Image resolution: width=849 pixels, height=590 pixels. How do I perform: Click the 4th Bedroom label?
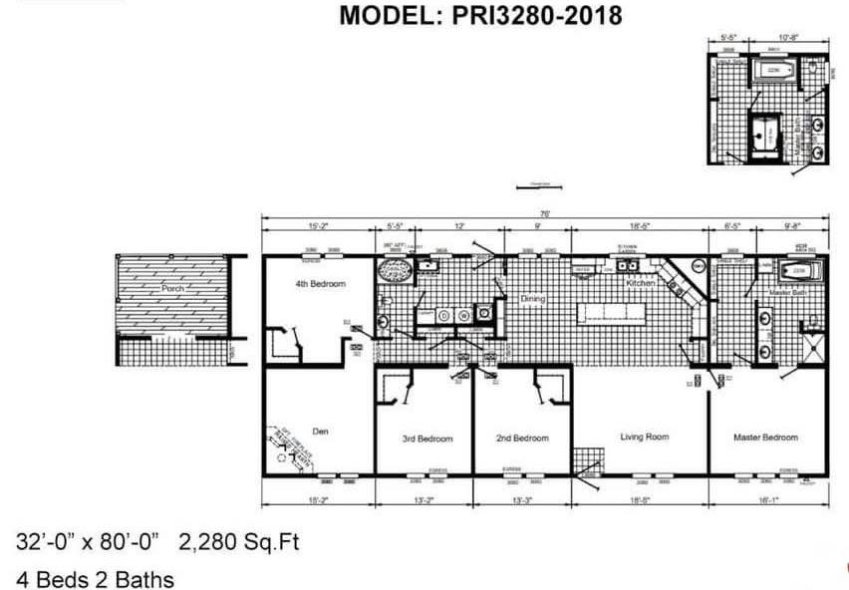click(320, 284)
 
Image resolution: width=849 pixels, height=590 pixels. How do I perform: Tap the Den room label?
click(320, 432)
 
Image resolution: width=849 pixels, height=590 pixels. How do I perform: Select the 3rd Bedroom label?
click(426, 439)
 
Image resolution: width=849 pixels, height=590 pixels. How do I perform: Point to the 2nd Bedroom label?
click(522, 439)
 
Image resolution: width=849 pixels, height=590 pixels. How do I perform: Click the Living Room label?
click(645, 437)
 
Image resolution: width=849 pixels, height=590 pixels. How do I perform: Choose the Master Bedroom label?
click(765, 438)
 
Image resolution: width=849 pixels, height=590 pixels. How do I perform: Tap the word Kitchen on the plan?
click(640, 283)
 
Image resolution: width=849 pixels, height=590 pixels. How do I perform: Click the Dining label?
click(534, 298)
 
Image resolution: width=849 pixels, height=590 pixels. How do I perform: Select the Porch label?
click(173, 287)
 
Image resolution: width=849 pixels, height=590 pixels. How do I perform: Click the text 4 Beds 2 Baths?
click(95, 579)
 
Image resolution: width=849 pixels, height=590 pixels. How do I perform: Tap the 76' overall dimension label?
click(544, 213)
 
